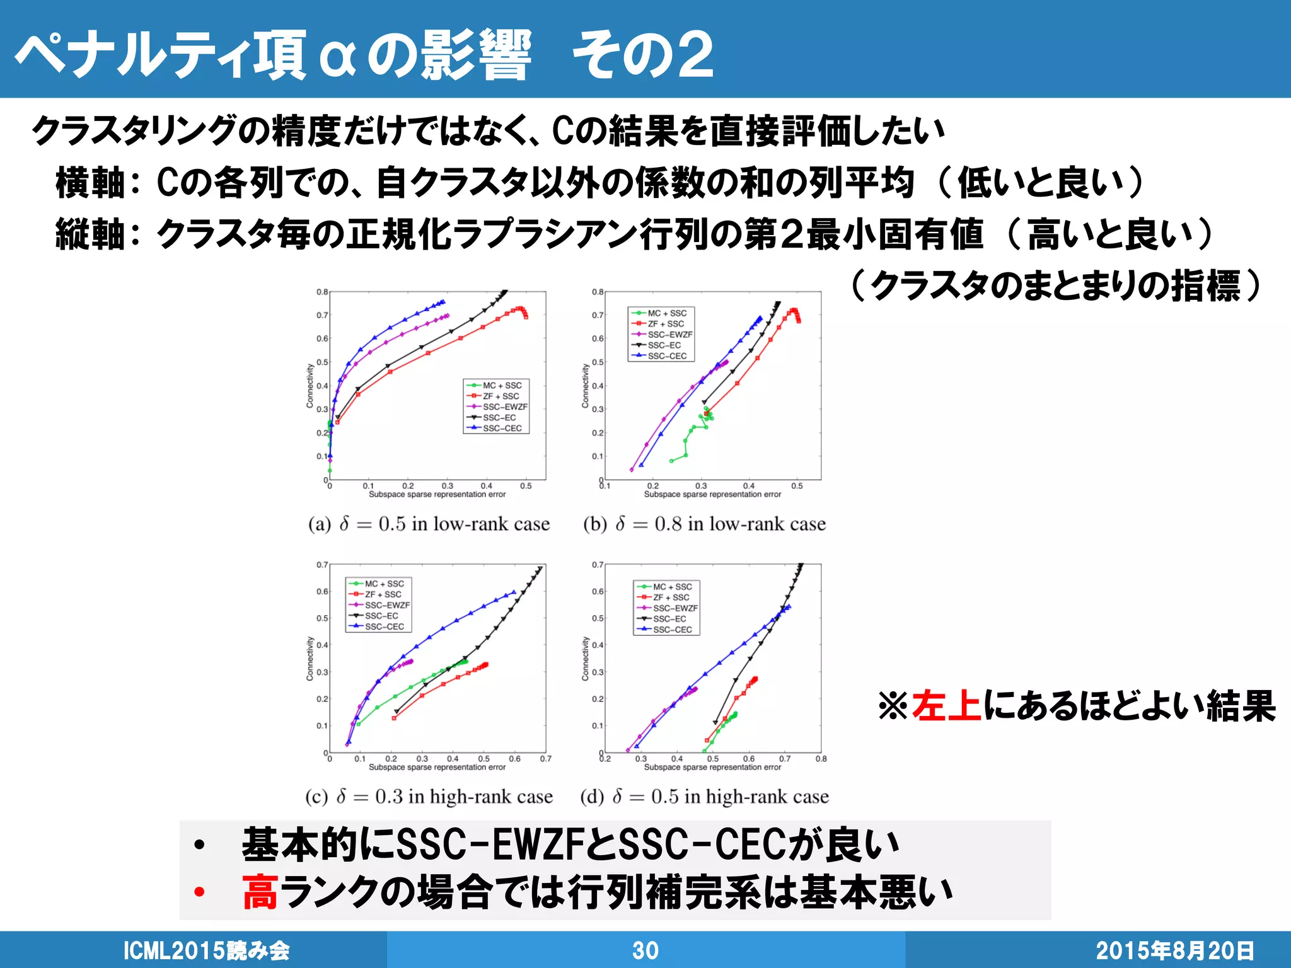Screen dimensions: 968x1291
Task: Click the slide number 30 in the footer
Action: (645, 950)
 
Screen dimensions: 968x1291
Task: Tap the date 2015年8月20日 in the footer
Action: (1174, 950)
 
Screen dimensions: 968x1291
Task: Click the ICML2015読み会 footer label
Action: (206, 950)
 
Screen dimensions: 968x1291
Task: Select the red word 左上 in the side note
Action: (946, 706)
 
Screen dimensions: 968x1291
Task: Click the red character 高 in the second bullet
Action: (260, 892)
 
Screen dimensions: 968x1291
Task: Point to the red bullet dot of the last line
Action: (200, 892)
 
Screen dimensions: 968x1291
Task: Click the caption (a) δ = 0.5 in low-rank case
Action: (429, 524)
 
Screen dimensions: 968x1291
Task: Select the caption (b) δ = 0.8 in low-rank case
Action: (704, 524)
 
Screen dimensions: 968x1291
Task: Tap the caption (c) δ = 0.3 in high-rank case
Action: (429, 797)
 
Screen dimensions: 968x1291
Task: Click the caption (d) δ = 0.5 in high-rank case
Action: (704, 797)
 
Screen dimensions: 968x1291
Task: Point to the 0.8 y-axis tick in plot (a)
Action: (322, 292)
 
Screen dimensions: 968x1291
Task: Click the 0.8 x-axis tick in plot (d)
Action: (821, 759)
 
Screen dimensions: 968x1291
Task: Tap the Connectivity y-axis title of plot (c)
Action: (310, 659)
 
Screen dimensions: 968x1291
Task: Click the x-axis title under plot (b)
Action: (712, 495)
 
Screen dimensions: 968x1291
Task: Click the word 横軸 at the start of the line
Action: (90, 183)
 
